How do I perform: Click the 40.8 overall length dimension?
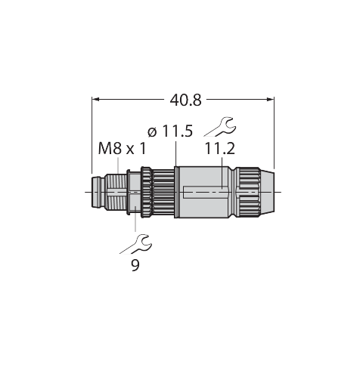[x=185, y=100]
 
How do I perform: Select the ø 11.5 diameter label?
[x=170, y=131]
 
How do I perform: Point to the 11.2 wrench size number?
[x=219, y=148]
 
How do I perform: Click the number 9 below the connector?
[x=135, y=265]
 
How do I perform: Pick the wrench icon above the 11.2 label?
[x=220, y=127]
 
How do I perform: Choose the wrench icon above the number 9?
[x=136, y=244]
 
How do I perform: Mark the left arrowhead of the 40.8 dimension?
[x=95, y=100]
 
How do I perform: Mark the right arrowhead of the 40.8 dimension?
[x=271, y=100]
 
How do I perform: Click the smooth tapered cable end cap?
[x=267, y=192]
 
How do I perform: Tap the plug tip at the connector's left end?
[x=98, y=192]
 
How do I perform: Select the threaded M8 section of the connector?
[x=116, y=192]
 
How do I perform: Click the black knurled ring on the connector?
[x=146, y=192]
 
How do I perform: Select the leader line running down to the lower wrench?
[x=135, y=218]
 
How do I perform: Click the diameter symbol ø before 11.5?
[x=152, y=132]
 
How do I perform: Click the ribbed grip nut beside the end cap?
[x=248, y=192]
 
